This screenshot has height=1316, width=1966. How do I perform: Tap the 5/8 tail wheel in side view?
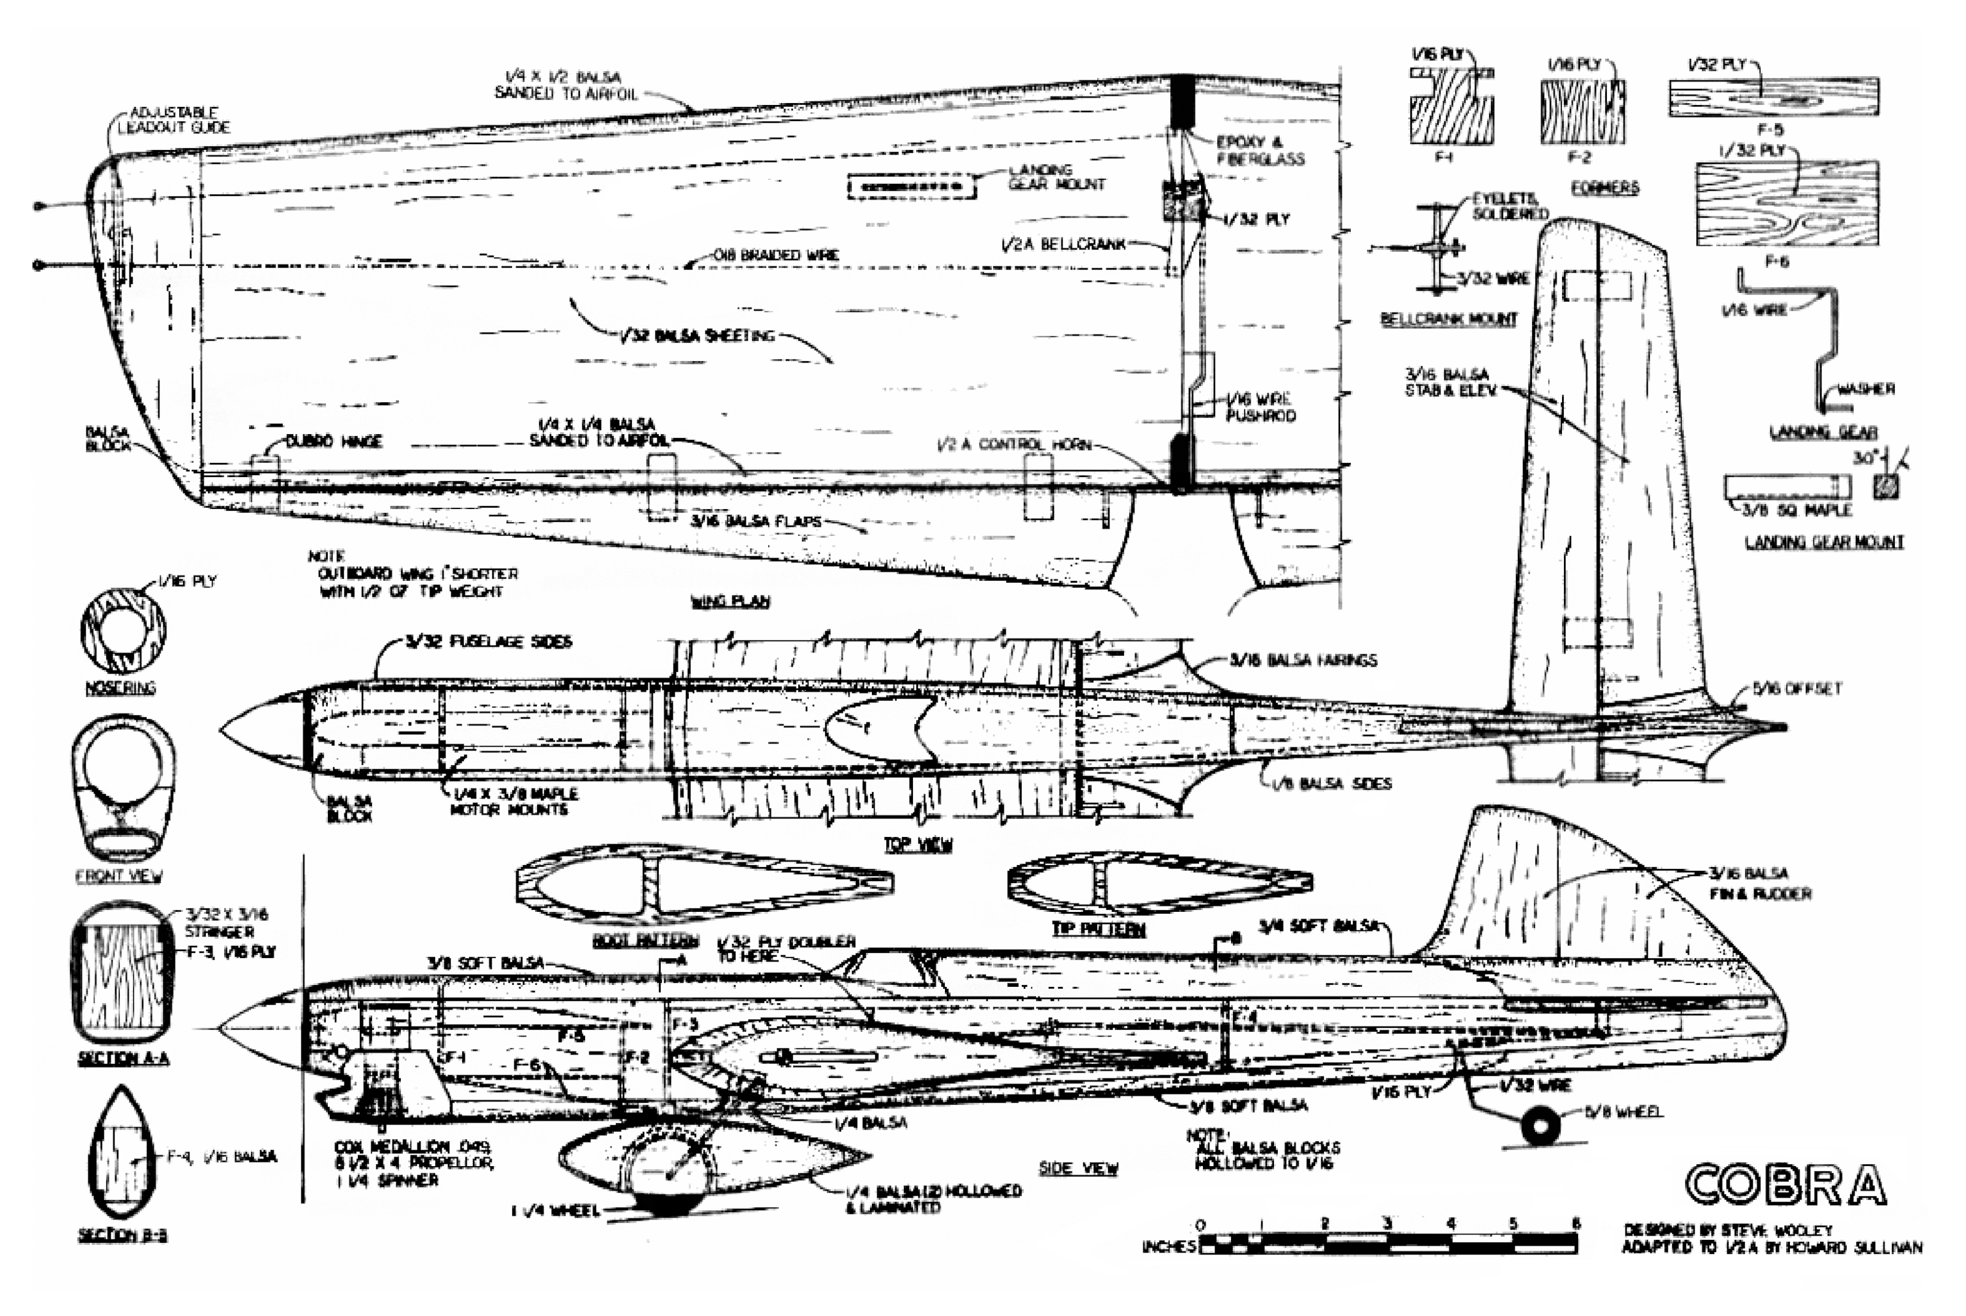coord(1540,1126)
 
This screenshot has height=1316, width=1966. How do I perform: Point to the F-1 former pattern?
coord(1451,108)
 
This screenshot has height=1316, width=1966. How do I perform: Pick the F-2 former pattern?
coord(1583,111)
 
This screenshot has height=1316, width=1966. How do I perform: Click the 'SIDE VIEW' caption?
coord(1078,1168)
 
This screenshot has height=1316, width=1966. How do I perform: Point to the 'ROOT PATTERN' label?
coord(646,940)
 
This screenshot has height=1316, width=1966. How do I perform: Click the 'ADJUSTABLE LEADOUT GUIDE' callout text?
coord(173,120)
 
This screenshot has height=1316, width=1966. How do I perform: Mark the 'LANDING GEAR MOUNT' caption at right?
coord(1824,542)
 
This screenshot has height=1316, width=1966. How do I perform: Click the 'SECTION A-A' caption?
coord(124,1059)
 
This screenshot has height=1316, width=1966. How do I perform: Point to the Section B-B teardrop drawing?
coord(122,1152)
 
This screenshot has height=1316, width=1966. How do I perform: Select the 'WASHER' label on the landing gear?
coord(1865,389)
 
